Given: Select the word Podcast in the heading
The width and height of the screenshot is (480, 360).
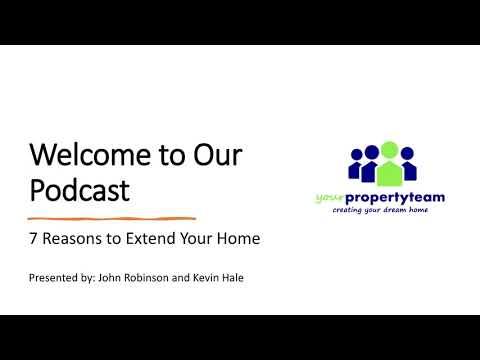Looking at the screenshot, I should [x=79, y=190].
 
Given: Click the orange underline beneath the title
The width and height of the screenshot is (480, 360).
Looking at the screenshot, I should [x=111, y=217].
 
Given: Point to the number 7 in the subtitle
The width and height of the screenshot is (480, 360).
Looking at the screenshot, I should [x=32, y=240].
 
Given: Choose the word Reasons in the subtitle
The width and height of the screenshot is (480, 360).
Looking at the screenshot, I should [x=70, y=240].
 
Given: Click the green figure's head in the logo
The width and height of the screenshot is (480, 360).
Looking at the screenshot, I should [x=390, y=150].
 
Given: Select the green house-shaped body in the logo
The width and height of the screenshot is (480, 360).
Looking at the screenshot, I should [x=390, y=173].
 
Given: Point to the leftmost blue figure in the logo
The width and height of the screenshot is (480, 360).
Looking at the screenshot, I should [x=356, y=165].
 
